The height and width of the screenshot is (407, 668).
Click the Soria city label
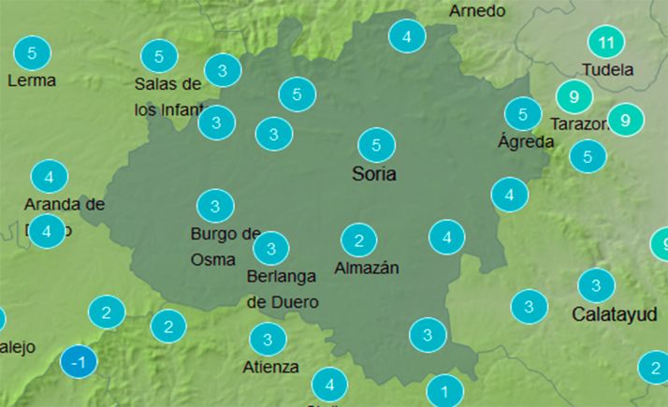coord(374,174)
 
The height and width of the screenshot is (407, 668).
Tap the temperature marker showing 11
coord(606,42)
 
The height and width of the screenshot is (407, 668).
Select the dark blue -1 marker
coord(79,362)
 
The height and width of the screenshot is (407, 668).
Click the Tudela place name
coord(607,70)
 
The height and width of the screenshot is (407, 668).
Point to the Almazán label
coord(367,269)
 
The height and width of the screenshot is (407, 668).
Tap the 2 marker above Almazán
coord(358,240)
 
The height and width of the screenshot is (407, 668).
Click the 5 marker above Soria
coord(376,145)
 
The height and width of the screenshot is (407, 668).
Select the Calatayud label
coord(614,313)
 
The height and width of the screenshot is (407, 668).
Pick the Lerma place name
coord(31,80)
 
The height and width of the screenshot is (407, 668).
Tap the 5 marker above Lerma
coord(33,52)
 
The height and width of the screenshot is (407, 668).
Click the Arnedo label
coord(477,11)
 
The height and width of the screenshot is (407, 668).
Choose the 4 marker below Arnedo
coord(407,37)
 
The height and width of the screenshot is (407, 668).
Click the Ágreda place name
coord(525,142)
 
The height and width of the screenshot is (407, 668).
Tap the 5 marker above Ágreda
coord(522,114)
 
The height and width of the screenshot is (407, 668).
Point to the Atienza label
coord(270,366)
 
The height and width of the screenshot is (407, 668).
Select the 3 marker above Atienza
coord(269,339)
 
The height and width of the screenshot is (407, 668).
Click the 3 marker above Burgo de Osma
coord(215,206)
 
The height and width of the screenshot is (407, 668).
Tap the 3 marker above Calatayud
coord(596,284)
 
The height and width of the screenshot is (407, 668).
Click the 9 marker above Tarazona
coord(574,96)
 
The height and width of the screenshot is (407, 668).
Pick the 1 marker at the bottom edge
coord(445,391)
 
